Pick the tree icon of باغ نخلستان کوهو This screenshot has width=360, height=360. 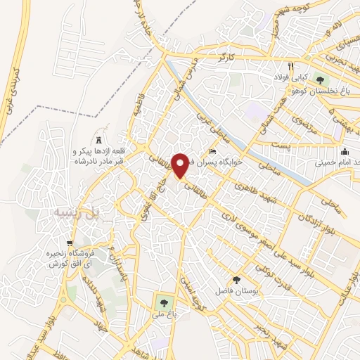322,78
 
